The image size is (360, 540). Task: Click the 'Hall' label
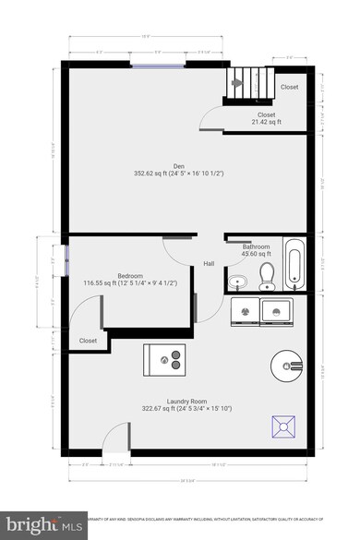point(210,264)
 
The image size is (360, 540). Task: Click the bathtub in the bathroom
point(294,264)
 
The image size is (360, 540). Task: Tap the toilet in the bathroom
point(268,274)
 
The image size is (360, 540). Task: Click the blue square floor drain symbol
point(282,426)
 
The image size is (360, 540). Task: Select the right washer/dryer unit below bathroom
point(278,311)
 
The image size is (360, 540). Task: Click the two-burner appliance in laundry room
point(165,358)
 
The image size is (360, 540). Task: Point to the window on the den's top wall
point(148,66)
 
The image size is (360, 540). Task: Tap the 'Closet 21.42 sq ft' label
point(266,118)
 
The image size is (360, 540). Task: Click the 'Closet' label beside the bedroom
point(89,341)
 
